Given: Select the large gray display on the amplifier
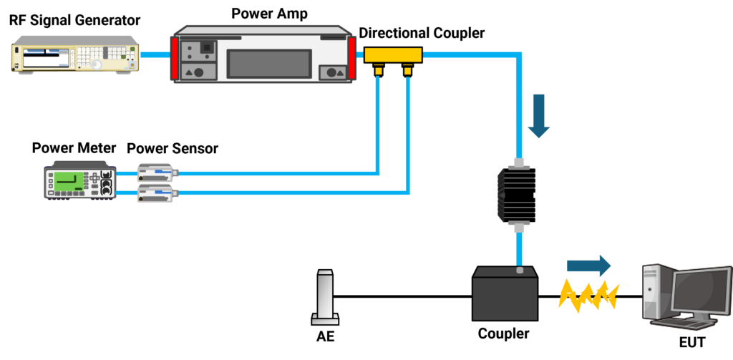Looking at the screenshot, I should click(268, 64).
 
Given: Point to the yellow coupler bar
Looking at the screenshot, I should click(393, 54).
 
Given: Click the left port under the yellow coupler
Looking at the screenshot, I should click(379, 70).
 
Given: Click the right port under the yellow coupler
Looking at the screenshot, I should click(408, 70).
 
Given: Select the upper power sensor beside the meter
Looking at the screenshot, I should click(156, 171).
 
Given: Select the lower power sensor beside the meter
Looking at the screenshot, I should click(156, 193).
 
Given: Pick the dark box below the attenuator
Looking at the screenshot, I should click(505, 294).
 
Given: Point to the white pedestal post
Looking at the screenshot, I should click(326, 296).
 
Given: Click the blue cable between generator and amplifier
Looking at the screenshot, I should click(154, 54).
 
